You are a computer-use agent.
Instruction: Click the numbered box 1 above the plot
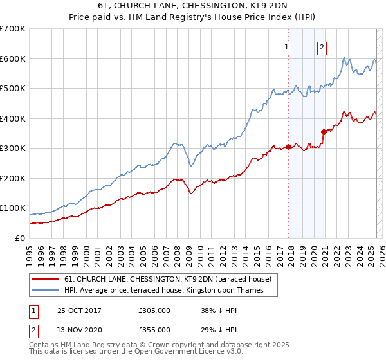pyautogui.click(x=286, y=46)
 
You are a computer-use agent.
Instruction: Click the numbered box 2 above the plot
pyautogui.click(x=321, y=46)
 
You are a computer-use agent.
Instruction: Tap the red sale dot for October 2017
pyautogui.click(x=289, y=147)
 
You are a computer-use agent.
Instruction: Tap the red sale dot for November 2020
pyautogui.click(x=324, y=132)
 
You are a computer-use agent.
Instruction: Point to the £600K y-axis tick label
pyautogui.click(x=13, y=59)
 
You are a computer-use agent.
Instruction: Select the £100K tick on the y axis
pyautogui.click(x=13, y=208)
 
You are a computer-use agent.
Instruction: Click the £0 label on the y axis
pyautogui.click(x=19, y=238)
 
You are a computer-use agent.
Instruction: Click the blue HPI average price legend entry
pyautogui.click(x=171, y=290)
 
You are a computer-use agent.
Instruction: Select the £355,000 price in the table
pyautogui.click(x=154, y=330)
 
